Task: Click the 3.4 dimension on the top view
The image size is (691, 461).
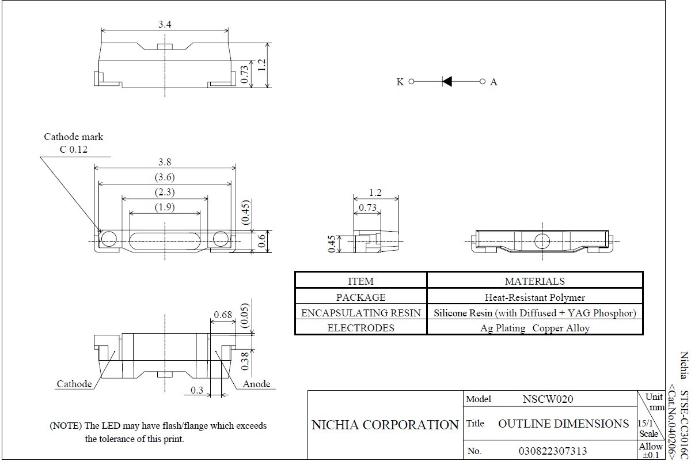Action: click(165, 24)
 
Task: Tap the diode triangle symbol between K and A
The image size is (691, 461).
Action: click(447, 81)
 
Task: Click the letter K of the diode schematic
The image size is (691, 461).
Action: click(400, 82)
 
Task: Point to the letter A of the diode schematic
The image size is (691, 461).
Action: click(493, 82)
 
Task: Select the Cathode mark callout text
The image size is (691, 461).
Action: click(73, 137)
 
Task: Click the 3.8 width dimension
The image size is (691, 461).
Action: click(165, 162)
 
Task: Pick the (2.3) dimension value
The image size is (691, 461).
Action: click(165, 192)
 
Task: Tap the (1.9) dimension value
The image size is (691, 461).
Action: click(165, 207)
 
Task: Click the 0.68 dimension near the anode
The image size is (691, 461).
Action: click(222, 315)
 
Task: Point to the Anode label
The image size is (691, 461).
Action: click(256, 384)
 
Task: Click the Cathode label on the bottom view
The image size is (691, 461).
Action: click(74, 384)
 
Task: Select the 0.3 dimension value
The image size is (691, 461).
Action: click(197, 390)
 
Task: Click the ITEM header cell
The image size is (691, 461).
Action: click(360, 281)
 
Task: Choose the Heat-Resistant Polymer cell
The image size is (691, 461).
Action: click(535, 297)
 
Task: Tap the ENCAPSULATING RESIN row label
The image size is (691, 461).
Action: click(360, 313)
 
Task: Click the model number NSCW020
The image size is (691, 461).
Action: click(548, 399)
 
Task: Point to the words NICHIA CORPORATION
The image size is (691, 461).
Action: click(385, 425)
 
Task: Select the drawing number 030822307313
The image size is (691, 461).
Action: click(553, 451)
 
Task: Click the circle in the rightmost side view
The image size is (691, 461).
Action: click(542, 241)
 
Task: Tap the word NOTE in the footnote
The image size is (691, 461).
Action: click(66, 426)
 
